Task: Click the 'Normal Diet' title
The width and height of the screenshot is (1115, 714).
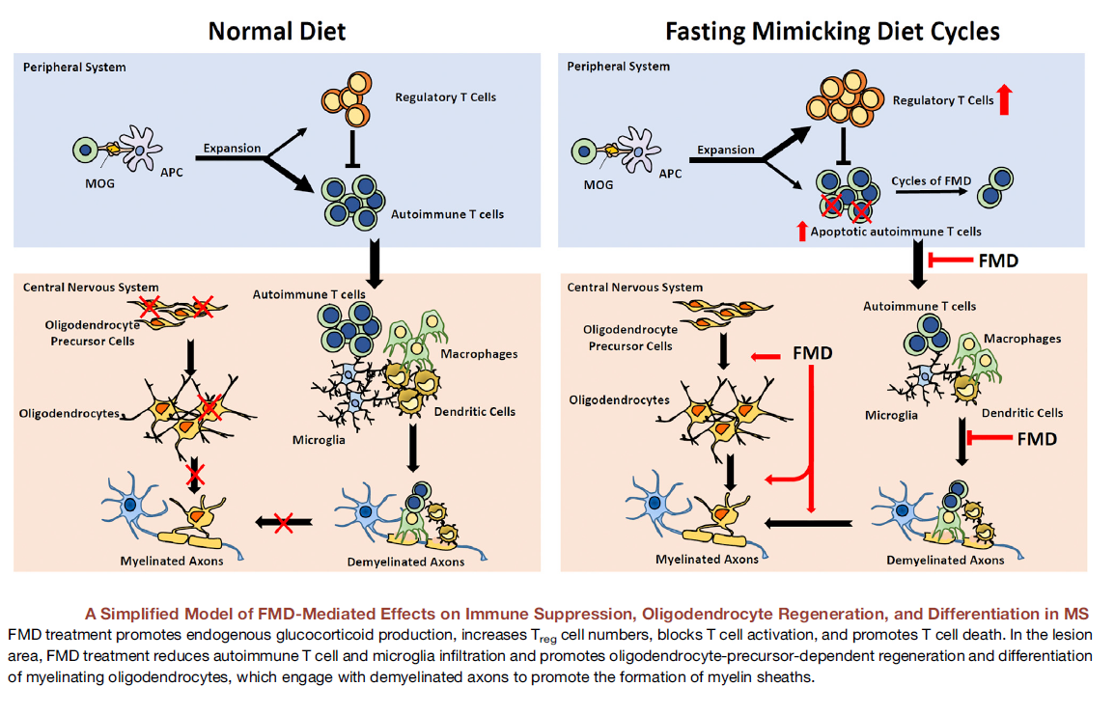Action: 277,31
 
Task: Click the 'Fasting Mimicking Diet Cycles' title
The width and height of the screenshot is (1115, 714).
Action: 832,31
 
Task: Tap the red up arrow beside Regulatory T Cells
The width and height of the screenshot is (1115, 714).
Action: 1005,99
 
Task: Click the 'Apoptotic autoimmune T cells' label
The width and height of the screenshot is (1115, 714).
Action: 896,232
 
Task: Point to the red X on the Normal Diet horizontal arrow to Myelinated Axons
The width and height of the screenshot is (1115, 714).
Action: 283,523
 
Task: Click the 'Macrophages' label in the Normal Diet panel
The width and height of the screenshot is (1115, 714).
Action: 479,354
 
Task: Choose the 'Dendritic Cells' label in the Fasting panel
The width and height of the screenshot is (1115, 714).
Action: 1022,413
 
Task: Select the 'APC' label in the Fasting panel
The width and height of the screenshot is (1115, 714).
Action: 669,174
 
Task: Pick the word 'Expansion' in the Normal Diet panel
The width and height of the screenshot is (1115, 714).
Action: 232,149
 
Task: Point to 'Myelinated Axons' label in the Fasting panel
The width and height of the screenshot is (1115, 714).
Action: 708,559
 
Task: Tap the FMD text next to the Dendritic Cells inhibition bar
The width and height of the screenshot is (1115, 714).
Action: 1037,439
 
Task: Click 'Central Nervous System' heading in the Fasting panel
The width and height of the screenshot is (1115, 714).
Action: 635,288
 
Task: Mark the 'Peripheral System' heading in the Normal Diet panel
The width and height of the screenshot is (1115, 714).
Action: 75,68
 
